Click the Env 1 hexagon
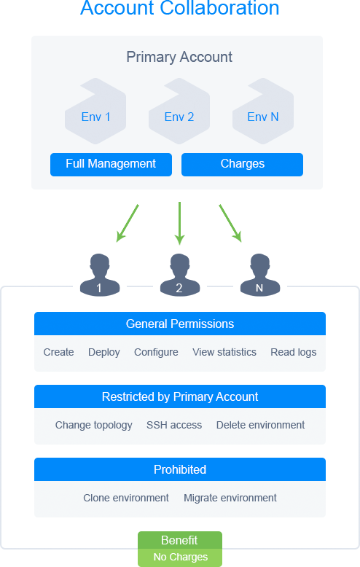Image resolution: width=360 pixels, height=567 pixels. click(x=95, y=112)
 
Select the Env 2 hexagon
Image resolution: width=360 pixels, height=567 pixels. click(x=179, y=112)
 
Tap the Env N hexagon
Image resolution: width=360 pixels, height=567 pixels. click(x=263, y=112)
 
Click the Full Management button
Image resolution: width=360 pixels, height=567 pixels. click(x=111, y=165)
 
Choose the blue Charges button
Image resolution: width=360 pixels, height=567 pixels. click(x=242, y=165)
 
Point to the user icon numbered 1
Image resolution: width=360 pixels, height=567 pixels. click(x=100, y=275)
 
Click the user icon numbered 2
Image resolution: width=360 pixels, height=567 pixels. click(x=180, y=275)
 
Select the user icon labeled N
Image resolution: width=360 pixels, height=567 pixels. click(x=260, y=275)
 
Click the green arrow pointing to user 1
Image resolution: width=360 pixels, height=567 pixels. click(x=128, y=223)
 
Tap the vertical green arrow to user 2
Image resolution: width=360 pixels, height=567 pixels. click(x=180, y=224)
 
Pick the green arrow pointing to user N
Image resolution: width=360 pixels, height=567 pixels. click(x=230, y=223)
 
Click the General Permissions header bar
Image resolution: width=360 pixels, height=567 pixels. click(x=180, y=324)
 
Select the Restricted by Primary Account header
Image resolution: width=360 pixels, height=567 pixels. click(x=180, y=396)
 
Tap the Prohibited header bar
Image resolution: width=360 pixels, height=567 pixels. click(x=180, y=469)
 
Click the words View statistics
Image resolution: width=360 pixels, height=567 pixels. click(x=224, y=352)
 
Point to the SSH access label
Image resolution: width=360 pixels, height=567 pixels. click(x=174, y=425)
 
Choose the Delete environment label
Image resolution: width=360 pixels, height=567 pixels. click(x=261, y=425)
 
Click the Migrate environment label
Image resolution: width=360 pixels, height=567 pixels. click(x=230, y=498)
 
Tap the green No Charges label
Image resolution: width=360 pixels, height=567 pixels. click(x=180, y=558)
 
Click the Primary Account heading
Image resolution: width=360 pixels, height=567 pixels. click(x=179, y=57)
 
